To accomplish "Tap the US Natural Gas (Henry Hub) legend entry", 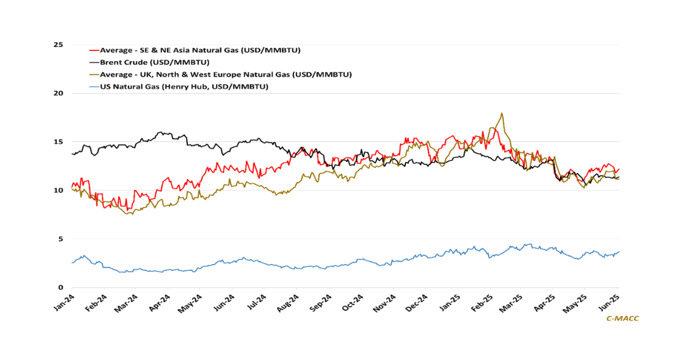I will pos(184,86).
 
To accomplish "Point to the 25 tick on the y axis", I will pos(59,45).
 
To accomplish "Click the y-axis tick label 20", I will pos(59,93).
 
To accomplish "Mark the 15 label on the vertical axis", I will pos(59,142).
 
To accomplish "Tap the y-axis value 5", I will pos(61,239).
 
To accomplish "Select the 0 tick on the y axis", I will pos(61,287).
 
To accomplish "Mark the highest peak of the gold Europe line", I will pos(502,114).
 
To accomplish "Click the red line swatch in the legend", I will pos(94,50).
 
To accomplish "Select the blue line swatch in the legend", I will pos(94,86).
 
